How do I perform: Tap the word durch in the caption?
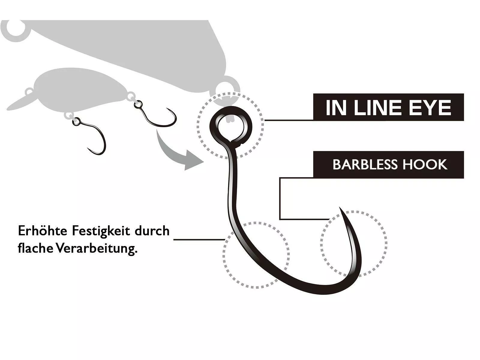152,231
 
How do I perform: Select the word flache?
35,248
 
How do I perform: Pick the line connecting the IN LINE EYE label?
289,120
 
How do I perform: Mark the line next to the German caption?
199,240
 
